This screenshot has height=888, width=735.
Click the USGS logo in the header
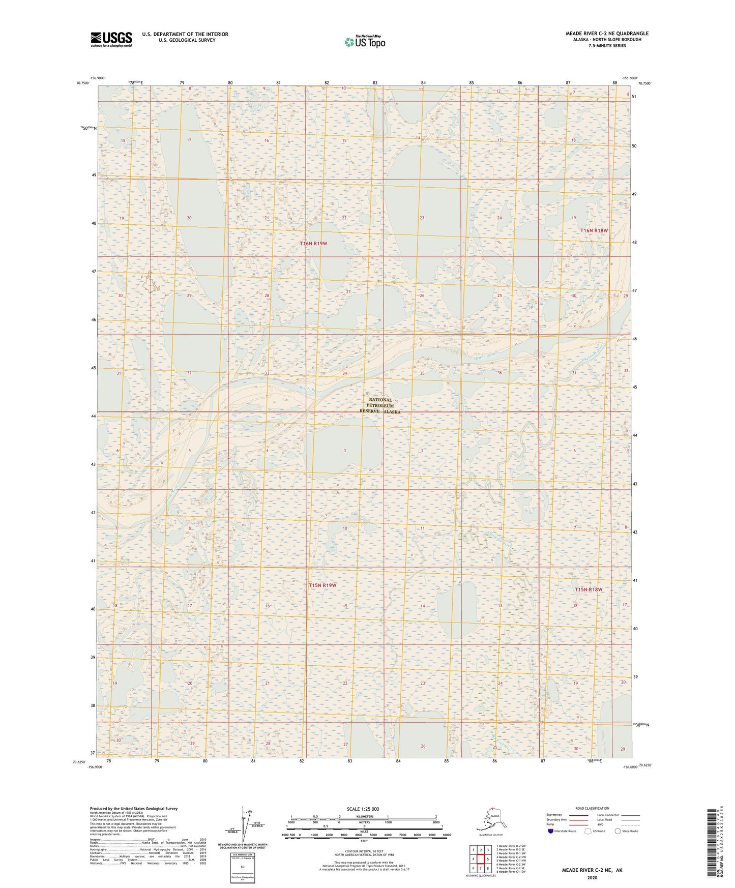[x=111, y=39]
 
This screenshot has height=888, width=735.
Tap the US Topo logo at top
[x=364, y=41]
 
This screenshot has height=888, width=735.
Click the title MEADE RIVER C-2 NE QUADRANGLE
[x=607, y=34]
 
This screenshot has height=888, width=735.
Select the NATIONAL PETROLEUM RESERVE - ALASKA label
[x=380, y=406]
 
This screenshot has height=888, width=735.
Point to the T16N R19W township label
[x=313, y=244]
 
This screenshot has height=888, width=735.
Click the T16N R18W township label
[x=594, y=230]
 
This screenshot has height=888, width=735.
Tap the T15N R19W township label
[x=322, y=585]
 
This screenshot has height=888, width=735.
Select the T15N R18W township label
[x=589, y=589]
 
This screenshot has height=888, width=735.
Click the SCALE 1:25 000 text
[x=363, y=809]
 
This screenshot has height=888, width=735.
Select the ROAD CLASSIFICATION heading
[x=592, y=808]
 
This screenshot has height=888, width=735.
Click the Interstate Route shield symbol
[x=551, y=831]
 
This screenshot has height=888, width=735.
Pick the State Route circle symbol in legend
[x=618, y=831]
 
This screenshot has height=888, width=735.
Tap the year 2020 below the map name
[x=592, y=877]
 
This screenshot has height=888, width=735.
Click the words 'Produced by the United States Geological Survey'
[x=134, y=808]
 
